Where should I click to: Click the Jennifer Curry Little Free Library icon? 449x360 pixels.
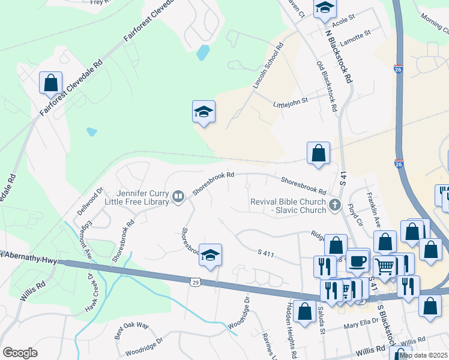(x=178, y=197)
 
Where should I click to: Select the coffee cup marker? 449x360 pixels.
(x=358, y=261)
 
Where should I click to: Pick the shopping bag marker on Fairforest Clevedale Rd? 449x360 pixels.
(x=50, y=83)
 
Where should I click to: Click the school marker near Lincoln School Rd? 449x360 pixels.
(x=203, y=112)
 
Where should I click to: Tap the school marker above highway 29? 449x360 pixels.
(x=211, y=255)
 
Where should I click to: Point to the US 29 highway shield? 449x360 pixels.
(x=194, y=281)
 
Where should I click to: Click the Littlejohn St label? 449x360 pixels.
(x=290, y=101)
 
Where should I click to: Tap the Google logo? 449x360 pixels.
(x=20, y=353)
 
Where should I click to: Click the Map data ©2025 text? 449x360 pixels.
(x=423, y=355)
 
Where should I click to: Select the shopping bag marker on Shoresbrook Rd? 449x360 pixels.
(x=318, y=153)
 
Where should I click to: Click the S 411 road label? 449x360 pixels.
(x=265, y=254)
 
